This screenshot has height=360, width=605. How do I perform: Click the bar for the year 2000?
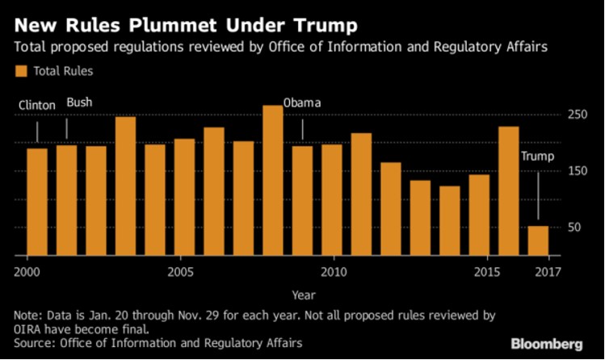click(37, 202)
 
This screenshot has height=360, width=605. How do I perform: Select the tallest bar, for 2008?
click(273, 181)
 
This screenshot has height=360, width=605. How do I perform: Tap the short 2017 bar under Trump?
click(538, 241)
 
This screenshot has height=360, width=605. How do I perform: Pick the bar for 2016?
click(508, 191)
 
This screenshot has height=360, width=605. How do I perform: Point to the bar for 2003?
click(125, 186)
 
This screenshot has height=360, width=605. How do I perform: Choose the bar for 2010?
click(332, 200)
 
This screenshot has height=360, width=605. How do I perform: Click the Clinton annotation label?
click(37, 105)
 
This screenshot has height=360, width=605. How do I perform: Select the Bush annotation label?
click(78, 102)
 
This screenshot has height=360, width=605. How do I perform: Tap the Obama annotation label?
click(302, 103)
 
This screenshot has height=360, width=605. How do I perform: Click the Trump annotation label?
click(537, 156)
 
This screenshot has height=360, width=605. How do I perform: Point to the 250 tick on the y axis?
click(575, 115)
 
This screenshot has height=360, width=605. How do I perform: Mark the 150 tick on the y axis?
click(575, 171)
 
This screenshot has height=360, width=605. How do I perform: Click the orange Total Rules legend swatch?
click(21, 71)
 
